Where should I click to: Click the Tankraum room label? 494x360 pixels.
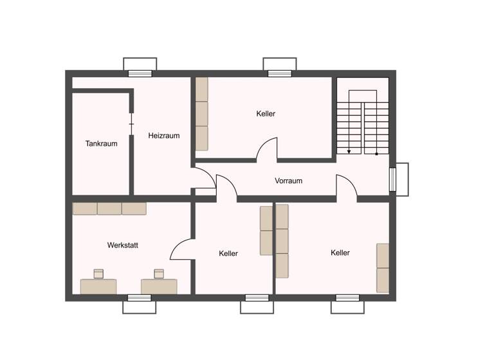click(x=101, y=143)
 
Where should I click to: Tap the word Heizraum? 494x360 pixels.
click(x=163, y=136)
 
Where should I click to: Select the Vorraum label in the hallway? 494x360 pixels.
click(x=288, y=181)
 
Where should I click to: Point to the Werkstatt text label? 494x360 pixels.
click(x=123, y=245)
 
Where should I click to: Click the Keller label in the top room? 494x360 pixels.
click(x=266, y=114)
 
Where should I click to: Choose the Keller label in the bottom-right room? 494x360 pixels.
click(x=340, y=253)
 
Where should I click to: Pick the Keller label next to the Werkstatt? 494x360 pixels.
click(x=228, y=253)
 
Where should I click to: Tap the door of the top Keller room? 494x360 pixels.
click(x=267, y=149)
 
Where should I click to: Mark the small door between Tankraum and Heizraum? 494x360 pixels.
click(x=131, y=123)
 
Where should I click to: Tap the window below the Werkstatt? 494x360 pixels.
click(x=139, y=303)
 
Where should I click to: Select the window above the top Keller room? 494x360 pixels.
click(x=280, y=67)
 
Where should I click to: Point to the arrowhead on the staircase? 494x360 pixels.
click(x=349, y=152)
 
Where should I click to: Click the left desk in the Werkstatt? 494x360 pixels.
click(x=98, y=286)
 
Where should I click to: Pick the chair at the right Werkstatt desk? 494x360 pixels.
click(x=158, y=273)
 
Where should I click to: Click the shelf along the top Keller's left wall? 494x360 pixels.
click(x=202, y=114)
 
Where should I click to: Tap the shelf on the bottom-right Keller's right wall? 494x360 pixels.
click(x=383, y=267)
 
